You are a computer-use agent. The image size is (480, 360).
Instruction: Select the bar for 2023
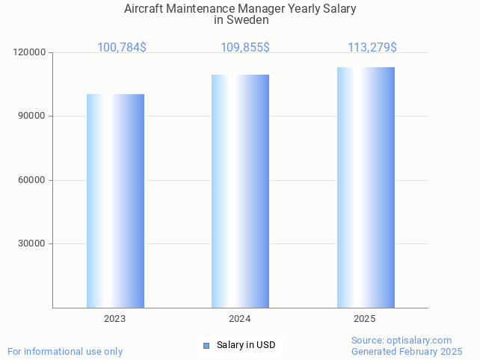pyautogui.click(x=115, y=201)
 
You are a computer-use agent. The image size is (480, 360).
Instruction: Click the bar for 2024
pyautogui.click(x=240, y=191)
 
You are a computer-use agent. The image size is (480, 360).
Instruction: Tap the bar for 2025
pyautogui.click(x=366, y=187)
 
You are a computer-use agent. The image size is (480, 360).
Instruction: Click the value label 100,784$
pyautogui.click(x=122, y=48)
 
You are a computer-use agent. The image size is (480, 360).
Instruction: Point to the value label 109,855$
pyautogui.click(x=245, y=48)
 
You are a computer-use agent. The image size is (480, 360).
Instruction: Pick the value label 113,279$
pyautogui.click(x=372, y=48)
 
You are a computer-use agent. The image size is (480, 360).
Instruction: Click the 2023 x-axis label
pyautogui.click(x=114, y=319)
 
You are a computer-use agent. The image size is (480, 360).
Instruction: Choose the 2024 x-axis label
pyautogui.click(x=239, y=319)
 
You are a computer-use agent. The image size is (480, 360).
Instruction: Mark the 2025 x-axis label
pyautogui.click(x=364, y=319)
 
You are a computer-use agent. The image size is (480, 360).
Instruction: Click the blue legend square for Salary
pyautogui.click(x=206, y=345)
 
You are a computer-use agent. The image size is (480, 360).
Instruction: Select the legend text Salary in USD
pyautogui.click(x=246, y=345)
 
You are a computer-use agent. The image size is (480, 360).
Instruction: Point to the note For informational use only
pyautogui.click(x=65, y=351)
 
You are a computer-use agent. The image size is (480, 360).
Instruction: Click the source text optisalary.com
pyautogui.click(x=419, y=340)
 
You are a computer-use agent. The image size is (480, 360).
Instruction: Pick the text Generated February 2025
pyautogui.click(x=407, y=351)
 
